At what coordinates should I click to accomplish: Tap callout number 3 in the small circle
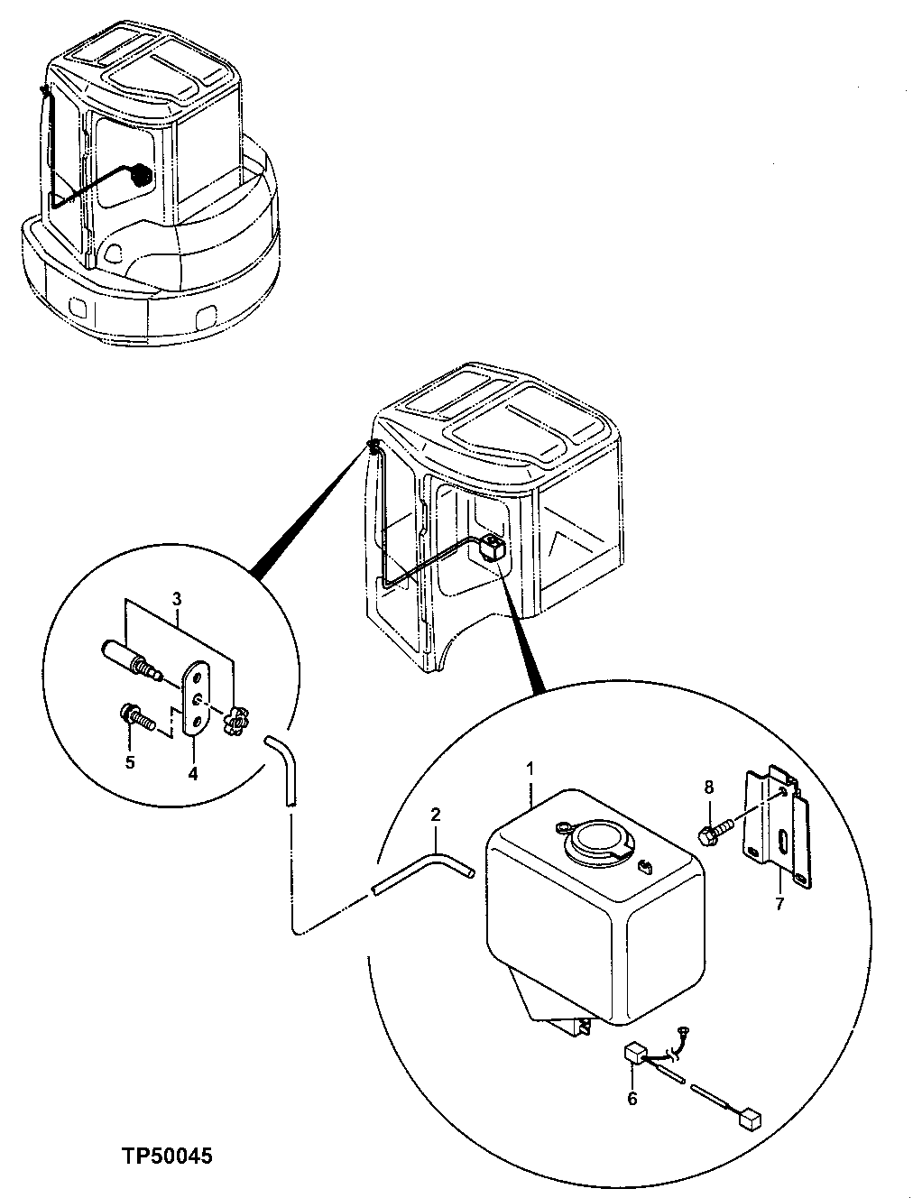[178, 598]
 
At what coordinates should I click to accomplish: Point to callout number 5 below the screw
[130, 761]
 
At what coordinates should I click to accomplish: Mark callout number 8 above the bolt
[708, 787]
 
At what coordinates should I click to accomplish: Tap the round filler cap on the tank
[594, 841]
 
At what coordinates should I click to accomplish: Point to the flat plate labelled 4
[196, 700]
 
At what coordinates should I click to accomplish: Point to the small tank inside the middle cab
[491, 548]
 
